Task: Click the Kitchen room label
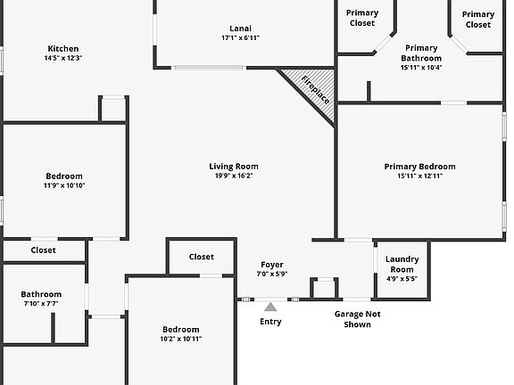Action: (63, 49)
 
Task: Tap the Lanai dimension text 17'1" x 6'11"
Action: (241, 38)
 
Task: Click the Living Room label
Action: (234, 167)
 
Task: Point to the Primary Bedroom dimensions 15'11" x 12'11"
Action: (420, 176)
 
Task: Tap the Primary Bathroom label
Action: (421, 53)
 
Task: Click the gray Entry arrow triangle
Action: (270, 307)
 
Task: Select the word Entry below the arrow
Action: (270, 322)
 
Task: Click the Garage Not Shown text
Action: (357, 319)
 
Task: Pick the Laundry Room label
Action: (402, 264)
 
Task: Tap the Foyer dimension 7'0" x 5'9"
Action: (272, 274)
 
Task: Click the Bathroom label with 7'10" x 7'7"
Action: (41, 294)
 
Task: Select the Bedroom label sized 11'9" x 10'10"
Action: (64, 176)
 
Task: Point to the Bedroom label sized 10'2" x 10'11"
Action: (181, 330)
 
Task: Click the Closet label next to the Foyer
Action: (202, 257)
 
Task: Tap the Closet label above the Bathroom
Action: (43, 250)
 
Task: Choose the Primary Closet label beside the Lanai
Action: (362, 18)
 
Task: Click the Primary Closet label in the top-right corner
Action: (478, 20)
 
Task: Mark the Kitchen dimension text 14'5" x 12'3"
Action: (63, 58)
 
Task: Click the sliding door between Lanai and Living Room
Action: (209, 68)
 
